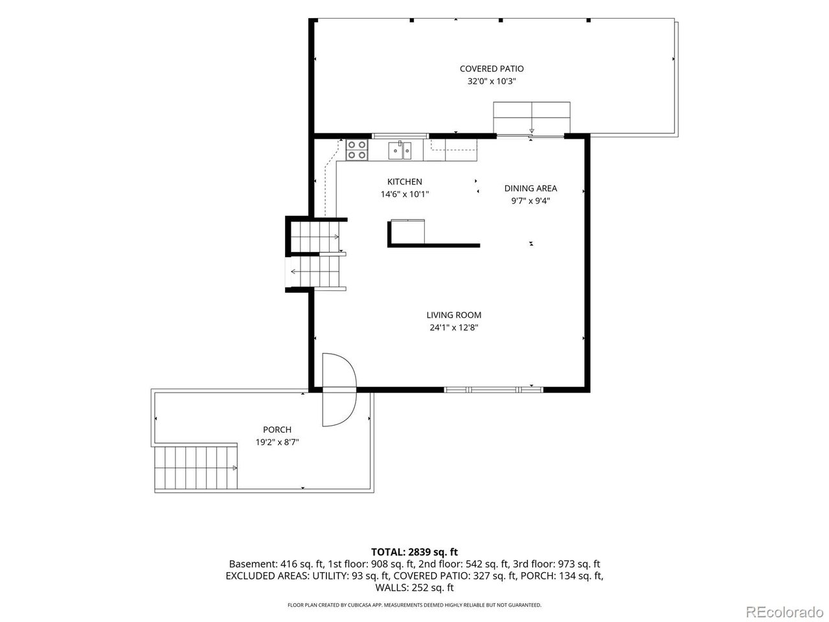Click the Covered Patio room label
click(492, 69)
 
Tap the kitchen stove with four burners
click(357, 150)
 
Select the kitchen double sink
click(400, 150)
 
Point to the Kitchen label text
click(405, 181)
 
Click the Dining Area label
click(530, 189)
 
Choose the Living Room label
click(453, 315)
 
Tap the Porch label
click(277, 430)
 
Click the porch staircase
click(196, 468)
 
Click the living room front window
click(494, 390)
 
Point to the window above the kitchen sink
click(400, 136)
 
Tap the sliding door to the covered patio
click(530, 136)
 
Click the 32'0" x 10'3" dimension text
click(492, 81)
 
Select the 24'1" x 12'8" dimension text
click(453, 327)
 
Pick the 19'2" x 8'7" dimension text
click(277, 442)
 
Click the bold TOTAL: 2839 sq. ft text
click(414, 552)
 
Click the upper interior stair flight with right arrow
click(315, 236)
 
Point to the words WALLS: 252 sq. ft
click(414, 588)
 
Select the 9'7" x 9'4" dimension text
click(530, 201)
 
